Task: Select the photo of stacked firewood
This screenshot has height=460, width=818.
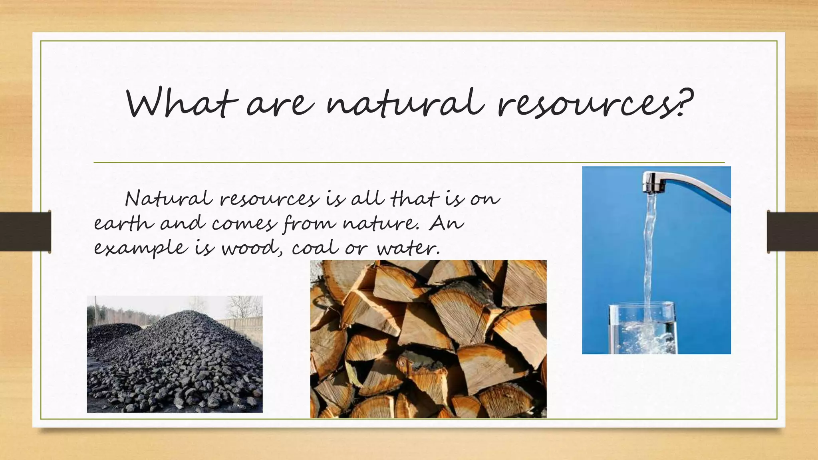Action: pos(428,339)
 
